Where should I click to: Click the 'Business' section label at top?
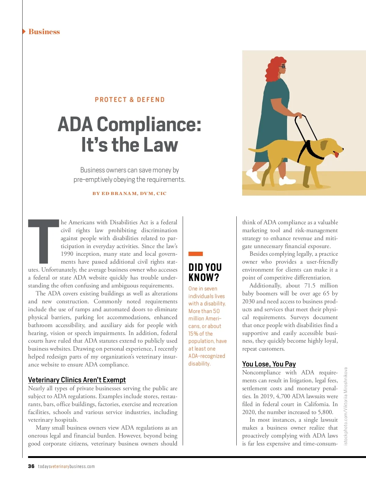(x=44, y=32)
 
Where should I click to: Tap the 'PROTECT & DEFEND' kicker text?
(x=130, y=100)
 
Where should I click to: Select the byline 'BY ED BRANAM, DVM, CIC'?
(x=130, y=193)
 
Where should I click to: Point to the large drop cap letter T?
(x=43, y=241)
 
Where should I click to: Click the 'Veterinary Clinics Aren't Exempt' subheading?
(x=77, y=380)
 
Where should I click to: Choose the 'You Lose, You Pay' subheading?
(x=269, y=364)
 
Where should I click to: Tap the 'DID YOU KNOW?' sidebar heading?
(x=205, y=272)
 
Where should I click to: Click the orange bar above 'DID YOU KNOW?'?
(x=196, y=254)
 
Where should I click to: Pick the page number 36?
(x=31, y=466)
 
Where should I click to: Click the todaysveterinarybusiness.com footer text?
(x=66, y=467)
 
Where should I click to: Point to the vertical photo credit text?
(x=346, y=406)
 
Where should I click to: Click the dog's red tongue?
(x=336, y=155)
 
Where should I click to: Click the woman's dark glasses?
(x=283, y=67)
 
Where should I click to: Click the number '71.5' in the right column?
(x=310, y=286)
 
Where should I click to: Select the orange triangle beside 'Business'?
(x=24, y=31)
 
